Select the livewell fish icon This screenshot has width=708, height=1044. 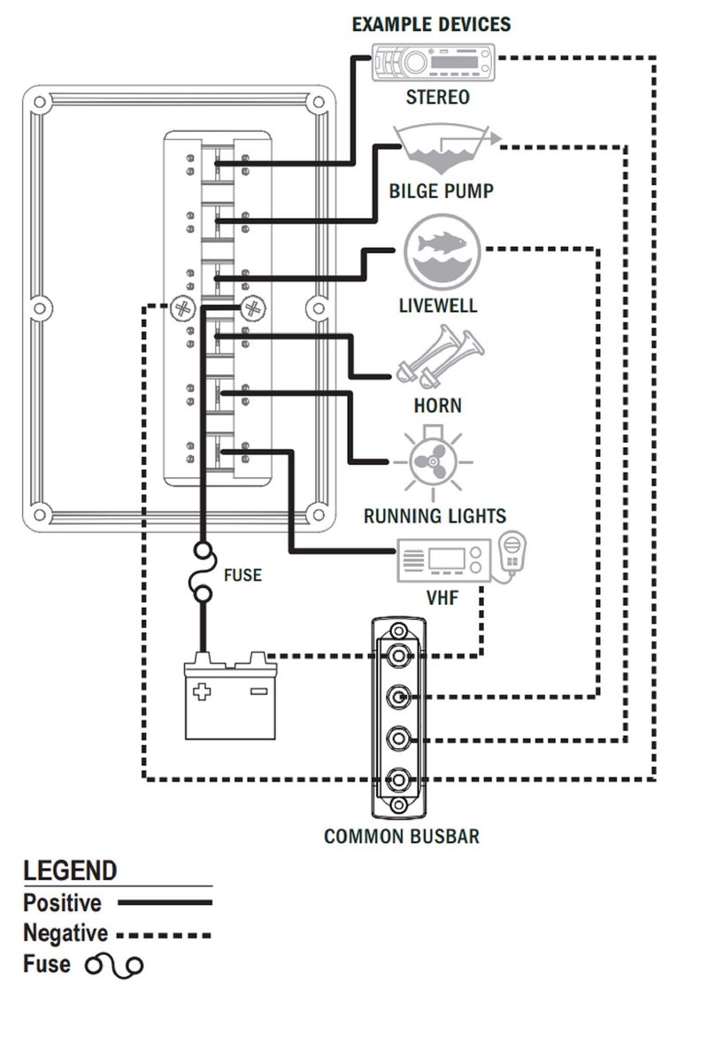[442, 251]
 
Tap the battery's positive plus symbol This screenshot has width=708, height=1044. [203, 691]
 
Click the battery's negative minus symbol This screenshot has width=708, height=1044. [258, 691]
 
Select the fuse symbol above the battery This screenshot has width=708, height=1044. [203, 576]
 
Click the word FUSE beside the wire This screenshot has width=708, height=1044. [242, 576]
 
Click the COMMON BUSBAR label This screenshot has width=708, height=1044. [401, 836]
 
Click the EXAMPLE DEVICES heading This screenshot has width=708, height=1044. [431, 24]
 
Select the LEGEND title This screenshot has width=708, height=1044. [70, 870]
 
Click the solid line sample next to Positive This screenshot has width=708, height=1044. [165, 903]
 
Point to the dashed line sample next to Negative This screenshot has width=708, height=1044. [165, 934]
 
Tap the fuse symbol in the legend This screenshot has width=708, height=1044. [114, 964]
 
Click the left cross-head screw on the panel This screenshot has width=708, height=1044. [184, 308]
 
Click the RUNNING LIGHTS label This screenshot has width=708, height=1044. [435, 515]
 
